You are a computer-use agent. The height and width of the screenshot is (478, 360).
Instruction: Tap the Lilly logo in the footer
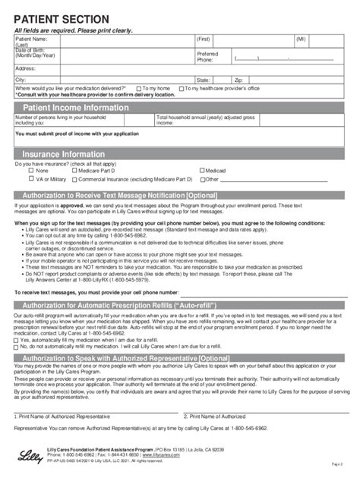(x=27, y=454)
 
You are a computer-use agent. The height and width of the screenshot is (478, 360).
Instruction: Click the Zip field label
(x=238, y=79)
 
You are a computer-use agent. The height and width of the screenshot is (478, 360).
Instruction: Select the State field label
(x=204, y=79)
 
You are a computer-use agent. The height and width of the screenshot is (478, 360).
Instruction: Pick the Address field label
(x=26, y=68)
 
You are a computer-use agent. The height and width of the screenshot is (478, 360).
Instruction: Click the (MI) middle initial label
(x=280, y=36)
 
